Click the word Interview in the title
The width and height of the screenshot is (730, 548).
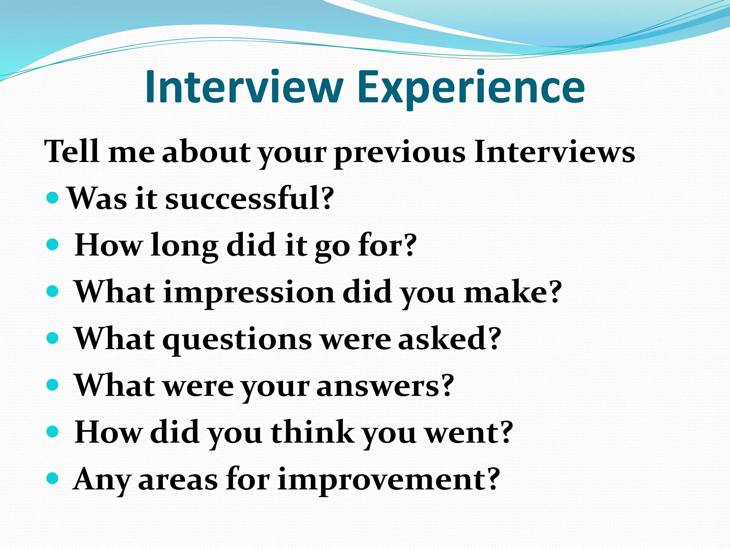pyautogui.click(x=245, y=87)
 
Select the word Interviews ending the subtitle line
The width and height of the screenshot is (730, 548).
pyautogui.click(x=554, y=151)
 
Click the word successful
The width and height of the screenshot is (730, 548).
pyautogui.click(x=250, y=198)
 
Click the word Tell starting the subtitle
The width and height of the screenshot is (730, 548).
pyautogui.click(x=71, y=151)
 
